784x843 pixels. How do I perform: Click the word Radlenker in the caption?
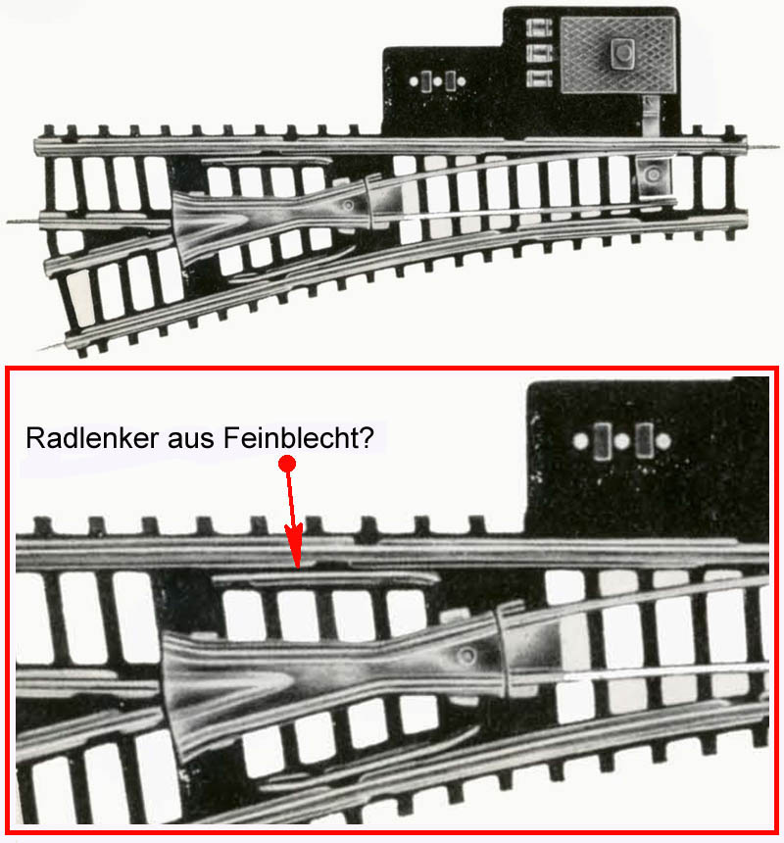[92, 437]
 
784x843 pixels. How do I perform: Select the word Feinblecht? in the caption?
[298, 437]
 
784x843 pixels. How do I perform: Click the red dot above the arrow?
[287, 463]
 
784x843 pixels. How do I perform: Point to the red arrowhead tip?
[297, 568]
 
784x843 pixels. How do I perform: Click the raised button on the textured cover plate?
[622, 52]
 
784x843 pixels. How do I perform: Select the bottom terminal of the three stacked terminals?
[538, 78]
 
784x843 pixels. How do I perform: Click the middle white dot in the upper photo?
[437, 81]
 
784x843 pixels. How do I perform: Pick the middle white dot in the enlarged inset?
[621, 441]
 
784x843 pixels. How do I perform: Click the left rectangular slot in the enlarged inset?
[602, 441]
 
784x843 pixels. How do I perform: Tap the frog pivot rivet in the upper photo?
[348, 205]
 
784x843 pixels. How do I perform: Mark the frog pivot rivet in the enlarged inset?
[466, 656]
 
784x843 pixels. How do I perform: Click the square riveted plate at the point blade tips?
[653, 175]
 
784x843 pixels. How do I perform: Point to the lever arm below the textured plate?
[652, 116]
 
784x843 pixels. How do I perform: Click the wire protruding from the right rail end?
[763, 146]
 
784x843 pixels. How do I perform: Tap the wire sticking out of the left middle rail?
[24, 221]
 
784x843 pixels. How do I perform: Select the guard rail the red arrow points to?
[326, 578]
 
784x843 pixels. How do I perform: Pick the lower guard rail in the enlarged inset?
[370, 757]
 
